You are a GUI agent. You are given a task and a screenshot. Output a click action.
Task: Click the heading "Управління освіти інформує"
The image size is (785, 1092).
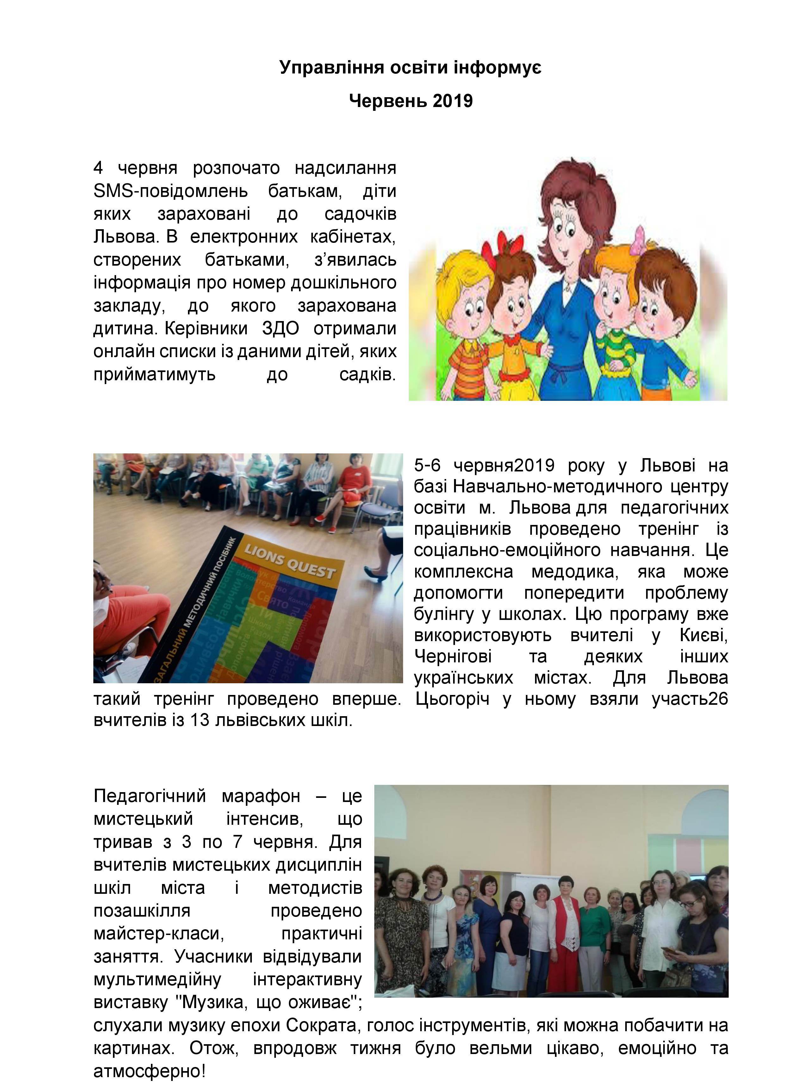tap(410, 67)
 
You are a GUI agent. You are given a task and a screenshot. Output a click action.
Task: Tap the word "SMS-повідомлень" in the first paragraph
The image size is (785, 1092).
tap(170, 191)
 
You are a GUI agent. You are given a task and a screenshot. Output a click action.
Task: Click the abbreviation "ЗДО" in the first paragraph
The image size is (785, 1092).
tap(280, 328)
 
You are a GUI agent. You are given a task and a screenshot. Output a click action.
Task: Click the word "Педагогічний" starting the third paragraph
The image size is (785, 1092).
tap(150, 796)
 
